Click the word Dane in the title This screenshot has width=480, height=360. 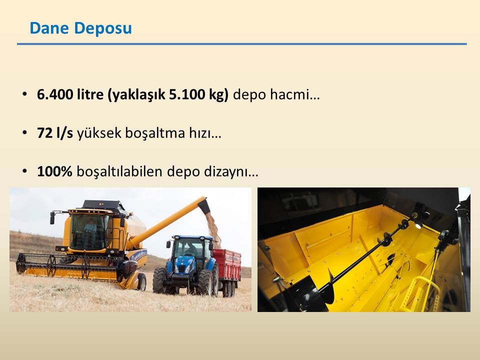point(49,28)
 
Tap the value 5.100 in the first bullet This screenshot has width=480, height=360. point(187,94)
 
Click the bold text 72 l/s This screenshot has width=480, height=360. point(55,133)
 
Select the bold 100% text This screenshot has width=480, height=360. point(54,171)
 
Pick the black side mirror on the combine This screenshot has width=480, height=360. point(52,218)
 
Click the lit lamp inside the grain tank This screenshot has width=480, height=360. point(418,225)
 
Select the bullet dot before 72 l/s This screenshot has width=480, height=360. point(25,133)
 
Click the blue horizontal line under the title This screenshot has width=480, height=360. point(242,44)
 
